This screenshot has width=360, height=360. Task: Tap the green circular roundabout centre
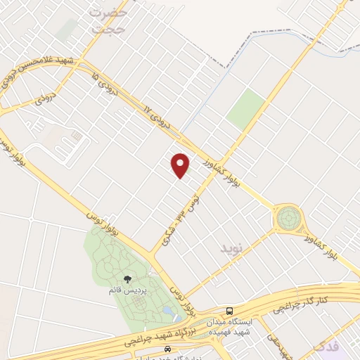point(288,219)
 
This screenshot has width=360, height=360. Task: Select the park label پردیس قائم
point(115,290)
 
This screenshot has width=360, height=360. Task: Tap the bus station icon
point(229,311)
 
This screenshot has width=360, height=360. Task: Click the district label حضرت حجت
point(110,20)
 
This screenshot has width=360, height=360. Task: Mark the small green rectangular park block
point(245,109)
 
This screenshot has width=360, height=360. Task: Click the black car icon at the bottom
point(167,349)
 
